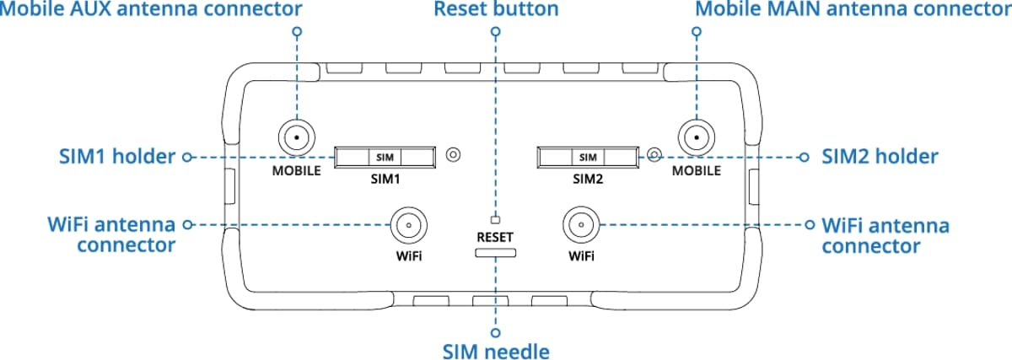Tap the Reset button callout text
coord(496,11)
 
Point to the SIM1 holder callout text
coord(115,157)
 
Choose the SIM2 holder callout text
coord(880,157)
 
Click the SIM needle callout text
coord(496,348)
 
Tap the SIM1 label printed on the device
coord(384,180)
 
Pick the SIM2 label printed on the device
coord(589,180)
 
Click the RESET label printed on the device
coord(495,237)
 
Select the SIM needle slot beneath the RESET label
coord(496,252)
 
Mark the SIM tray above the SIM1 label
coord(385,157)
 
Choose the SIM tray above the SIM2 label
coord(588,157)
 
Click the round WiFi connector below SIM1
coord(406,225)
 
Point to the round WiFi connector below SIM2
coord(580,225)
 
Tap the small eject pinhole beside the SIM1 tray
coord(453,155)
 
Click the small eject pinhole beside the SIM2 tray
coord(655,155)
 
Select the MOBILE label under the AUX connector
coord(296,171)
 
